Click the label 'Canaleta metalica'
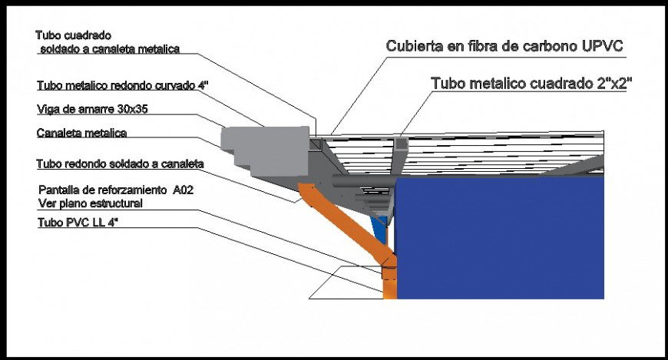(x=82, y=133)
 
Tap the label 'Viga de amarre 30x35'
(x=92, y=109)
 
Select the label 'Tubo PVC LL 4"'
(x=78, y=223)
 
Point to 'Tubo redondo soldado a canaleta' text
(x=120, y=164)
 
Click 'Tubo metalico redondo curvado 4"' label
(x=123, y=85)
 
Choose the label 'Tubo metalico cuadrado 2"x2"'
(x=531, y=83)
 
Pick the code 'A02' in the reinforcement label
(x=184, y=190)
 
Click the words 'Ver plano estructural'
(x=91, y=203)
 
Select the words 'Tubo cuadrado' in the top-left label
(x=73, y=35)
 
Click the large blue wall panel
(x=499, y=238)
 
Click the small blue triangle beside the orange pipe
(x=379, y=230)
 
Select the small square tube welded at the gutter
(x=316, y=144)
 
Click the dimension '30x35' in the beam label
(x=133, y=109)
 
